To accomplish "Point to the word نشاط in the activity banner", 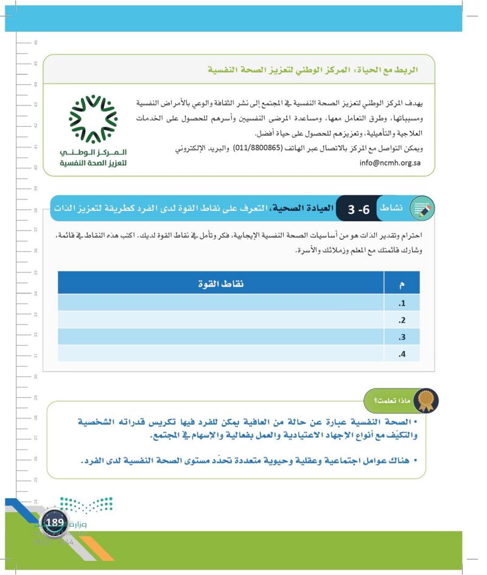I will click(x=390, y=209).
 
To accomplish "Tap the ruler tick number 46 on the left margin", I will click(x=36, y=43).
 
